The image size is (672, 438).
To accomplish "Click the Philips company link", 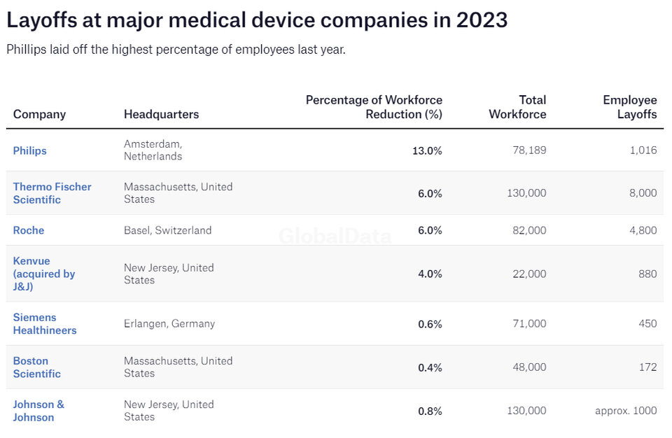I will pos(29,150).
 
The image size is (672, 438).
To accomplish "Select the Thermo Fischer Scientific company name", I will pos(52,193).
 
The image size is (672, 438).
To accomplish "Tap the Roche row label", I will pos(29,230).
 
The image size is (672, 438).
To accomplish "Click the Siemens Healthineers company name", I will pos(45,324).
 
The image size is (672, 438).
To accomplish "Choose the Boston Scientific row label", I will pos(36,367).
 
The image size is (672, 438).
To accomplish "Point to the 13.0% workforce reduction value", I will pos(427,150).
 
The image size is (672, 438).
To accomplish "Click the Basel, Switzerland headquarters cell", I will pos(167,230).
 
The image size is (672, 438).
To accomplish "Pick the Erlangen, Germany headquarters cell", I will pos(169,324).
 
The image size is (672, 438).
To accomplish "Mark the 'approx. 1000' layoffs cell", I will pos(626,411).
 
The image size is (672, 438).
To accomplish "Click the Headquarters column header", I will pos(161,114).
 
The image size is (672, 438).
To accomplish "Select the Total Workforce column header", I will pos(517,107).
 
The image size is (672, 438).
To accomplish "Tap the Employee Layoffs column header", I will pos(630,107).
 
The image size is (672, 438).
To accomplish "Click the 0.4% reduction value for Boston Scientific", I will pos(430,367).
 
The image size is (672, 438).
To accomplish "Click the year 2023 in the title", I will pos(482,20).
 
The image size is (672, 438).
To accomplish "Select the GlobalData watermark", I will pos(335,236).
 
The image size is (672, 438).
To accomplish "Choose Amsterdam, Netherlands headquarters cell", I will pos(153,150).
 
